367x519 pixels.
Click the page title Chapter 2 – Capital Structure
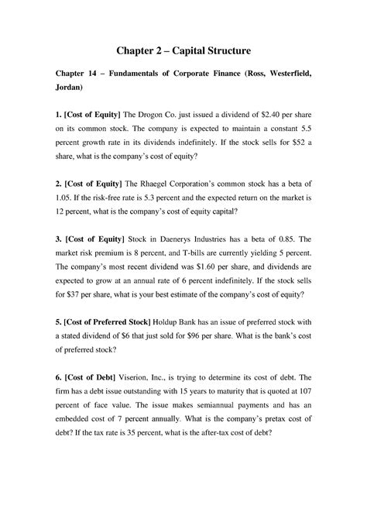click(x=183, y=52)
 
